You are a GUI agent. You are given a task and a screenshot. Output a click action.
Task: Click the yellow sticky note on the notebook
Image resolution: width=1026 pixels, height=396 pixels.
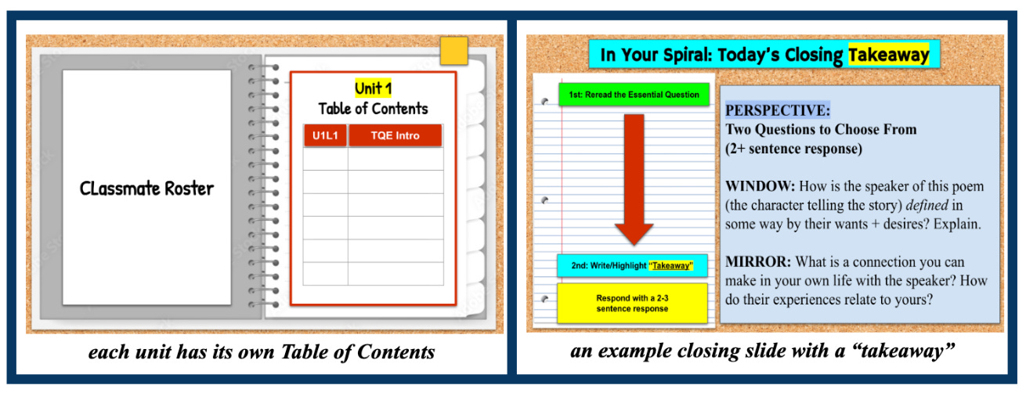(x=453, y=51)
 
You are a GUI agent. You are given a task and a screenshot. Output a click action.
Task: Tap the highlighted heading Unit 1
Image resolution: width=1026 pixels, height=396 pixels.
(x=373, y=88)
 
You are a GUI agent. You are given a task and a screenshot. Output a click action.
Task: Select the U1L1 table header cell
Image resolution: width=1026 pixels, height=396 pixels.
(x=325, y=135)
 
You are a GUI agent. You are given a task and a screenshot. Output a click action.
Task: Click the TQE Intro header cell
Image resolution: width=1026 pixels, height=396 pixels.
(x=395, y=135)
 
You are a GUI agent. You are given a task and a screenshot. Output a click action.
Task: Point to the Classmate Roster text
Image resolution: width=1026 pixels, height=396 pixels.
(x=146, y=188)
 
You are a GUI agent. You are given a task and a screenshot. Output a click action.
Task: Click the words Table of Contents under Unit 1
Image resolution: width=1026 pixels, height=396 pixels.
(x=373, y=108)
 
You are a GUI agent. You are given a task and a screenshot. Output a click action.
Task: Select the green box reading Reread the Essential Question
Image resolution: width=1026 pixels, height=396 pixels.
(x=634, y=95)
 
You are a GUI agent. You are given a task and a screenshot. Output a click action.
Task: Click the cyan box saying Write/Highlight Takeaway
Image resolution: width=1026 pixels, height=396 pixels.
(x=631, y=265)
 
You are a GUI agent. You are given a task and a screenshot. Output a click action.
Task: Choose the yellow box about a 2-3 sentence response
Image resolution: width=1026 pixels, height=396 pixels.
(x=631, y=304)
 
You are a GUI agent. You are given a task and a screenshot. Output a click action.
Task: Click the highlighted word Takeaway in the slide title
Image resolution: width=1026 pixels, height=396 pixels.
(x=888, y=55)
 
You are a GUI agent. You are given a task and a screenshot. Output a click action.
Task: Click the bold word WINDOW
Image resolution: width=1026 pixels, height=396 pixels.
(x=759, y=186)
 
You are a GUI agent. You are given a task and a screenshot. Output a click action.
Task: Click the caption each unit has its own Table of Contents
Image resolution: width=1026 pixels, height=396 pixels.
(x=262, y=351)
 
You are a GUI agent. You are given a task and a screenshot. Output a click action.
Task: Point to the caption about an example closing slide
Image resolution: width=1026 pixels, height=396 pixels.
(x=762, y=351)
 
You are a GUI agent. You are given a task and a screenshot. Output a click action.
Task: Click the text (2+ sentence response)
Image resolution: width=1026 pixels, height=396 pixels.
(x=793, y=149)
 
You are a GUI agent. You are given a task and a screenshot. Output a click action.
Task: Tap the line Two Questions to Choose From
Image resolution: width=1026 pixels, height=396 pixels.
(x=821, y=130)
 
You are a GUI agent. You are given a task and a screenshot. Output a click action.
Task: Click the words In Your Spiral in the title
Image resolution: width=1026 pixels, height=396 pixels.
(x=653, y=55)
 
